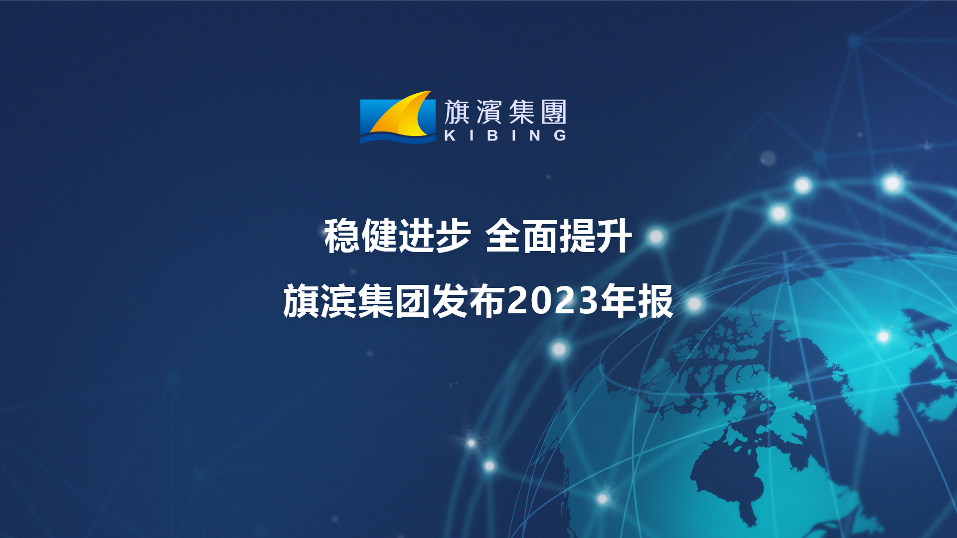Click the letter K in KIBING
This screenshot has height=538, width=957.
[450, 135]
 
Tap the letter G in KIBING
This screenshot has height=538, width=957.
[560, 135]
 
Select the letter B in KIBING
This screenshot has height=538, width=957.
[493, 135]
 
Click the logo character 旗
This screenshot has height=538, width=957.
[457, 112]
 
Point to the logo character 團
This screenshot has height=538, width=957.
[554, 112]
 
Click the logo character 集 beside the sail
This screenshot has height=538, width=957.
[522, 112]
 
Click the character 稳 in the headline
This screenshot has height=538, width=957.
[342, 236]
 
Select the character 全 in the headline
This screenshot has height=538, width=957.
[503, 236]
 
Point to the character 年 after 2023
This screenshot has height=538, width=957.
[618, 300]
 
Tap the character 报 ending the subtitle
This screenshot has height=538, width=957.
[655, 300]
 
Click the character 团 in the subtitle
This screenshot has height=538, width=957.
[413, 300]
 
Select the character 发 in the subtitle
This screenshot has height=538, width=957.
[450, 300]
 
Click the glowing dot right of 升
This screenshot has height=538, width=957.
[656, 237]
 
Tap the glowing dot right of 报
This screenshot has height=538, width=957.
[694, 303]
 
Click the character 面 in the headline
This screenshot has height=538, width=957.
[540, 236]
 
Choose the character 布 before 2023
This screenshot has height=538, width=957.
[487, 300]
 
